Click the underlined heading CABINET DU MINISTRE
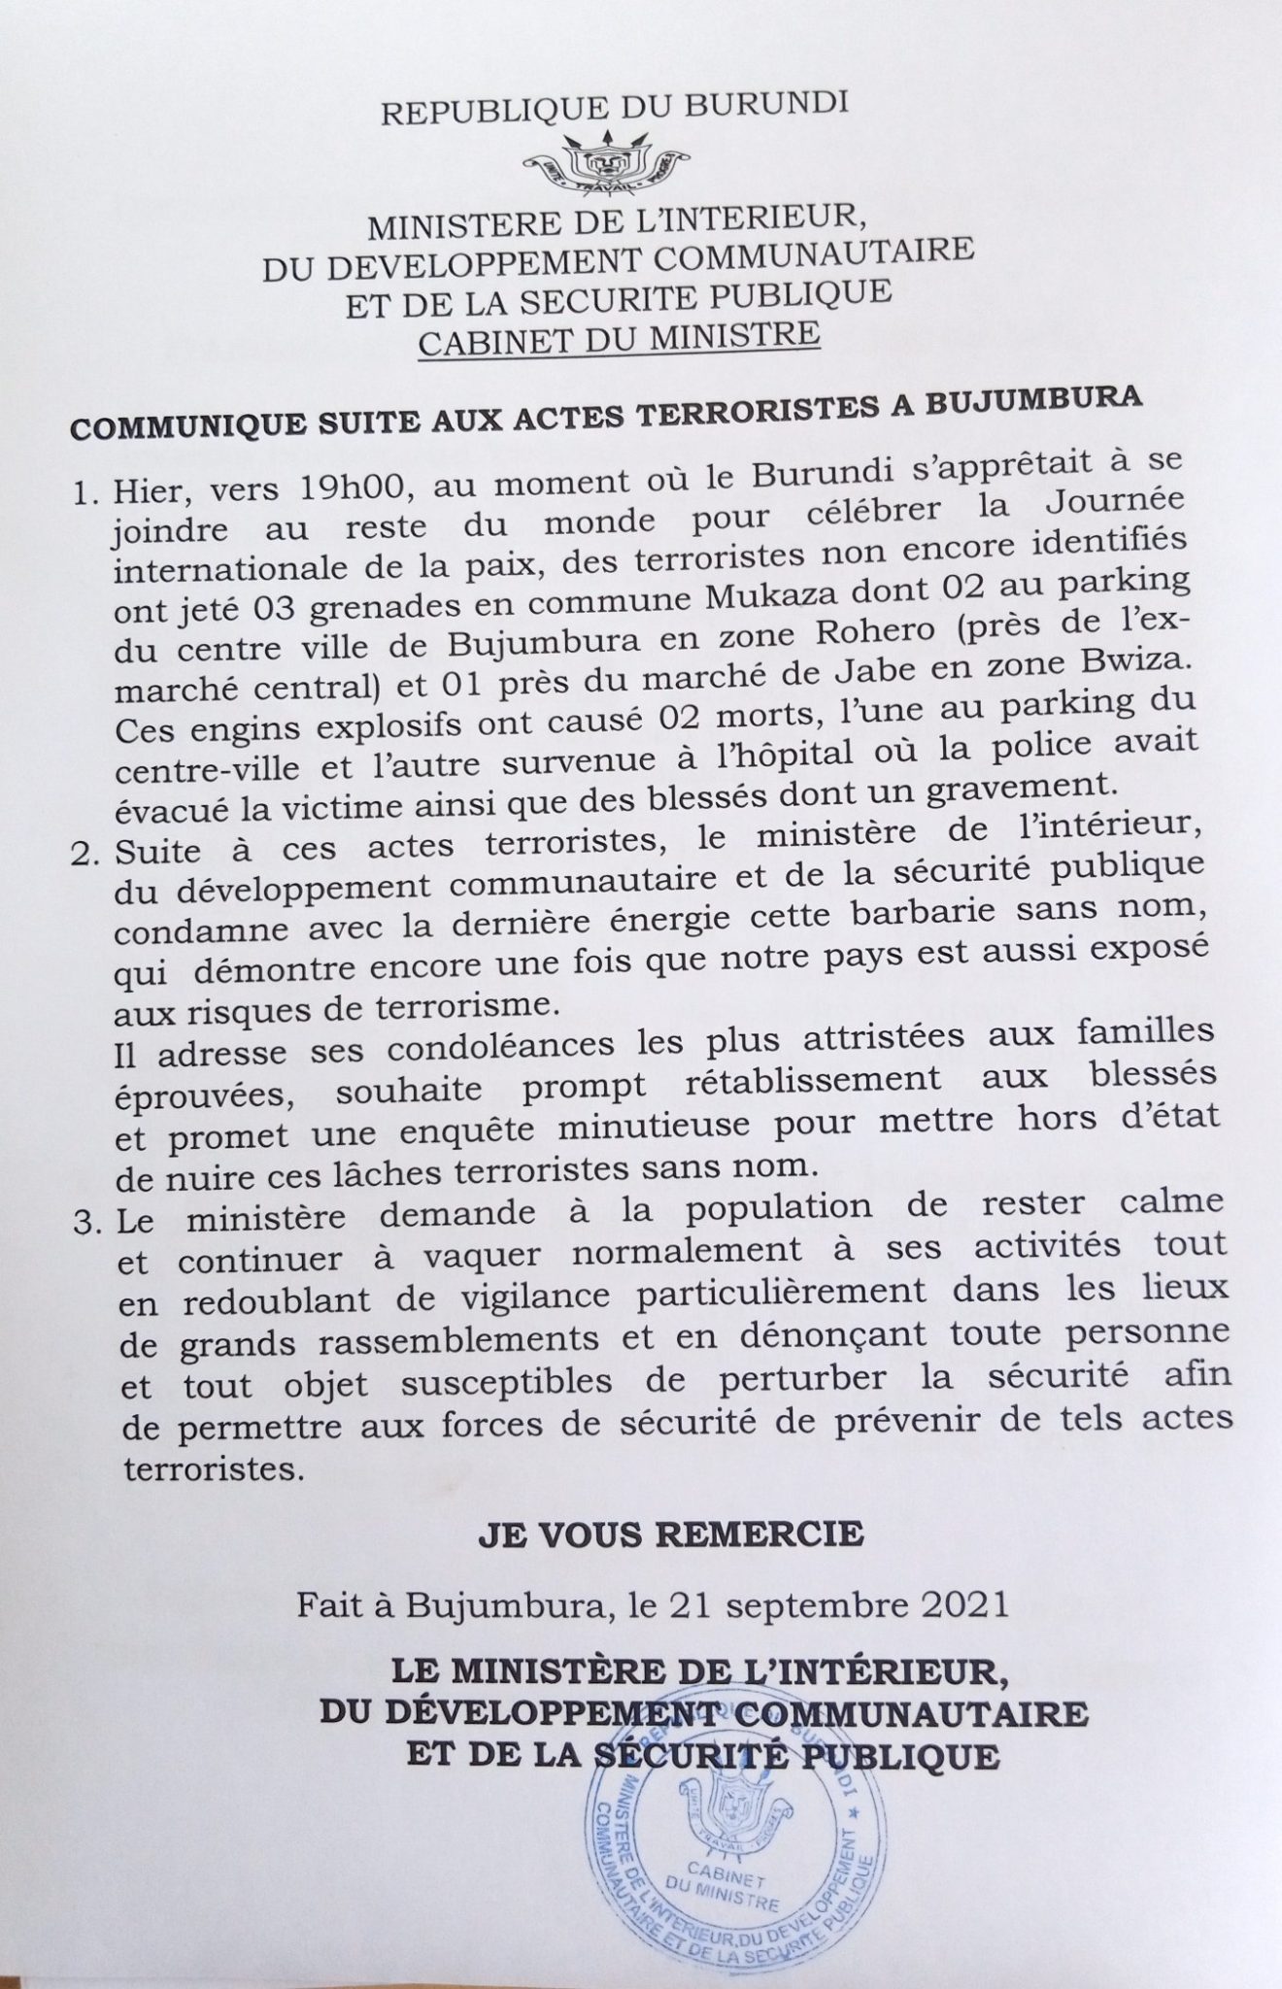[x=620, y=335]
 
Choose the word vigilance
[x=586, y=1293]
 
